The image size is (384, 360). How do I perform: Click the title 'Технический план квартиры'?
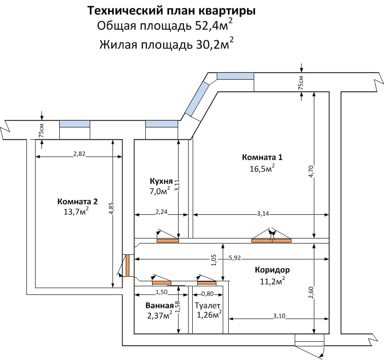click(171, 11)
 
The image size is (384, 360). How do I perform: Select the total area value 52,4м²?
click(214, 25)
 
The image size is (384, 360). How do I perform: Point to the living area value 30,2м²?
click(215, 44)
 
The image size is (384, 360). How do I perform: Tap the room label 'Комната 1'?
click(262, 157)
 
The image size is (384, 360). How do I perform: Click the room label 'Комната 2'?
click(77, 202)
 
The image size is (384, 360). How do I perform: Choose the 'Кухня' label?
click(161, 181)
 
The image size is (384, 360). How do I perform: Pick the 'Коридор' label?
click(272, 270)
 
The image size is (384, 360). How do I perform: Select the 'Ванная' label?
click(159, 305)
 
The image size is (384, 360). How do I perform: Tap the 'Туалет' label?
click(208, 305)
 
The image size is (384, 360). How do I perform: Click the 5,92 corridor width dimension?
click(235, 258)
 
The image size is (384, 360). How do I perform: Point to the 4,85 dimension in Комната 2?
click(112, 208)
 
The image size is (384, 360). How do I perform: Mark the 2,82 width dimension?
click(79, 154)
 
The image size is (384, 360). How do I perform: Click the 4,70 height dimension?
click(311, 171)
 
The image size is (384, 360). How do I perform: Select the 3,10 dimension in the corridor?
click(279, 316)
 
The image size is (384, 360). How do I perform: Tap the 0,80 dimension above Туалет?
click(207, 294)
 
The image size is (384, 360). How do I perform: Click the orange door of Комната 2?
click(128, 265)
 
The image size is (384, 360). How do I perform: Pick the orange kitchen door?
click(168, 241)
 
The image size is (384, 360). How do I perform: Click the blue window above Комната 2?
click(75, 124)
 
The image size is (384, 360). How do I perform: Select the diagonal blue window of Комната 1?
click(197, 99)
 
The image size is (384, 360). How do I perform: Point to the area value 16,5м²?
click(262, 168)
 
